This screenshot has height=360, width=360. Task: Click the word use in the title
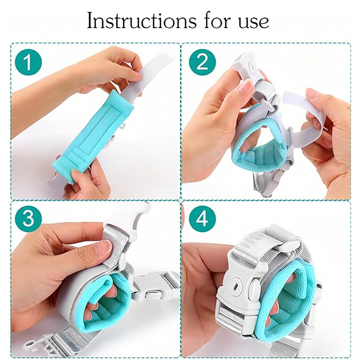pos(253,22)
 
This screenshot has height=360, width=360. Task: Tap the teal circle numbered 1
pos(28,62)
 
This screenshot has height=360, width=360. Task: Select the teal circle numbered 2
pos(203,62)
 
